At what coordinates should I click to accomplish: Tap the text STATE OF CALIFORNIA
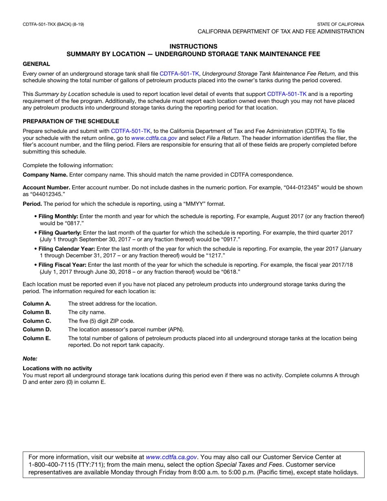click(341, 24)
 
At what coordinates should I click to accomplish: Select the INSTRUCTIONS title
click(193, 46)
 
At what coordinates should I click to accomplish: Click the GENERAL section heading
click(36, 64)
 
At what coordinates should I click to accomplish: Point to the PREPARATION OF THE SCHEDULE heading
click(71, 121)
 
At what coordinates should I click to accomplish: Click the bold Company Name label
click(45, 175)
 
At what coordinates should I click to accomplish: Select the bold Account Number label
click(46, 188)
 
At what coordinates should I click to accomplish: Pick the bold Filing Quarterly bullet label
click(60, 233)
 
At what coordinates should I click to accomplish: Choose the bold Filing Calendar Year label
click(67, 248)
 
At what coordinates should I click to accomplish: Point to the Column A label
click(37, 304)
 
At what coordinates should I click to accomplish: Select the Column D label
click(37, 330)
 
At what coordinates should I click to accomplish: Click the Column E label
click(37, 338)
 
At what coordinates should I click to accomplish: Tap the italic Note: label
click(30, 359)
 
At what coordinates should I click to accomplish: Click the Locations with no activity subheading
click(57, 368)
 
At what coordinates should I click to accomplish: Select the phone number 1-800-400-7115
click(54, 465)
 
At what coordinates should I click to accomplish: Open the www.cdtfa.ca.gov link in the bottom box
click(172, 457)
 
